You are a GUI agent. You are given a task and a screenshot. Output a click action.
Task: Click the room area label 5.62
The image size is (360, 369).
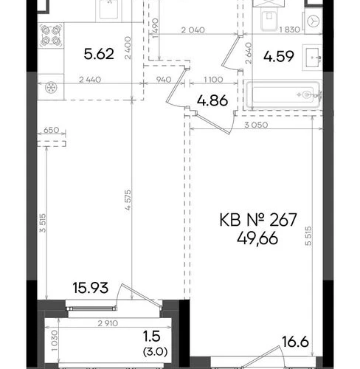(99, 54)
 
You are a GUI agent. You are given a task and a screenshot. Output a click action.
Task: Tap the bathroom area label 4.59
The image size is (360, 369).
(279, 56)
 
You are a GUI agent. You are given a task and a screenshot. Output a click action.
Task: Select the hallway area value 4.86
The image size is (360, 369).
(212, 100)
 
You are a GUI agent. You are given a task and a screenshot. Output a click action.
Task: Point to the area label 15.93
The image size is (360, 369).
(91, 288)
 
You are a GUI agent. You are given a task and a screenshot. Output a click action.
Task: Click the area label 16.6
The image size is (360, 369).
(295, 342)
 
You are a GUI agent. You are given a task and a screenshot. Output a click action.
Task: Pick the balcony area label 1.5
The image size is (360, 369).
(152, 337)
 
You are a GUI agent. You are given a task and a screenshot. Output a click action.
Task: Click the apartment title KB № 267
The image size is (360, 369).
(258, 220)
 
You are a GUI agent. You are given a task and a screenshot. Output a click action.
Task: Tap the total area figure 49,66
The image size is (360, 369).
(257, 238)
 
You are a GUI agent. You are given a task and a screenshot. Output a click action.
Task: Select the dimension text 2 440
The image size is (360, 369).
(90, 80)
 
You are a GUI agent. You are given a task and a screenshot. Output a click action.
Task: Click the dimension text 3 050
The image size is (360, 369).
(256, 125)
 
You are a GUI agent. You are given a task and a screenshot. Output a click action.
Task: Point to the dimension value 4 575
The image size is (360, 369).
(128, 200)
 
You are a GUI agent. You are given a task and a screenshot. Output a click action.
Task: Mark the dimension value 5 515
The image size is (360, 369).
(308, 236)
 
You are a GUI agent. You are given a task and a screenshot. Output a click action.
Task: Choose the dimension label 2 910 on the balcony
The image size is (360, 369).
(108, 323)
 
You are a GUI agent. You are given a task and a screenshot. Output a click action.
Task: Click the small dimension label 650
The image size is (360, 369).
(51, 130)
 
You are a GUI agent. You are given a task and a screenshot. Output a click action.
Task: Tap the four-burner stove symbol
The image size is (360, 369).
(51, 35)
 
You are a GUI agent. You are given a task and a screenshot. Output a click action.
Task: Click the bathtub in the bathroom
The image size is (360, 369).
(283, 94)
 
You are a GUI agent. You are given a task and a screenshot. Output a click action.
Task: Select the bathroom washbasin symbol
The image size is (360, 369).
(313, 58)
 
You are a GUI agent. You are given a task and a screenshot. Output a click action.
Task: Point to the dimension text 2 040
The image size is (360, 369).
(193, 30)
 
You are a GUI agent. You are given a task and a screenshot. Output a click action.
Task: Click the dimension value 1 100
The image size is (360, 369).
(213, 80)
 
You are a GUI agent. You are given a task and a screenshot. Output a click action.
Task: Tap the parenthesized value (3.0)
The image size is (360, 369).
(156, 351)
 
